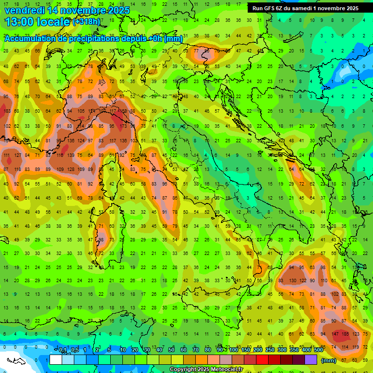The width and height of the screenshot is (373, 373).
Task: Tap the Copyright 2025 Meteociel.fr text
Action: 206,370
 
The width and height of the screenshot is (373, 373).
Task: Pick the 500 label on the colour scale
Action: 318,350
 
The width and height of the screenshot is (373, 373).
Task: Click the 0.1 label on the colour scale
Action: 63,350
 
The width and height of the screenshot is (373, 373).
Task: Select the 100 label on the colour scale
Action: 233,350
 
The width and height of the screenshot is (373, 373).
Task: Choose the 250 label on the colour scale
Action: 269,350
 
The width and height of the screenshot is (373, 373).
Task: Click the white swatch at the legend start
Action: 55,360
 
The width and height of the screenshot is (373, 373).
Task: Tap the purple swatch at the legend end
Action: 311,360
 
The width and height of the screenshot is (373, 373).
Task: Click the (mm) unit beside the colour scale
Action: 329,360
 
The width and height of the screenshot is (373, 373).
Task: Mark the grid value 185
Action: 345,334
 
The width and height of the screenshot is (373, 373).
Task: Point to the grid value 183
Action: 7,111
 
